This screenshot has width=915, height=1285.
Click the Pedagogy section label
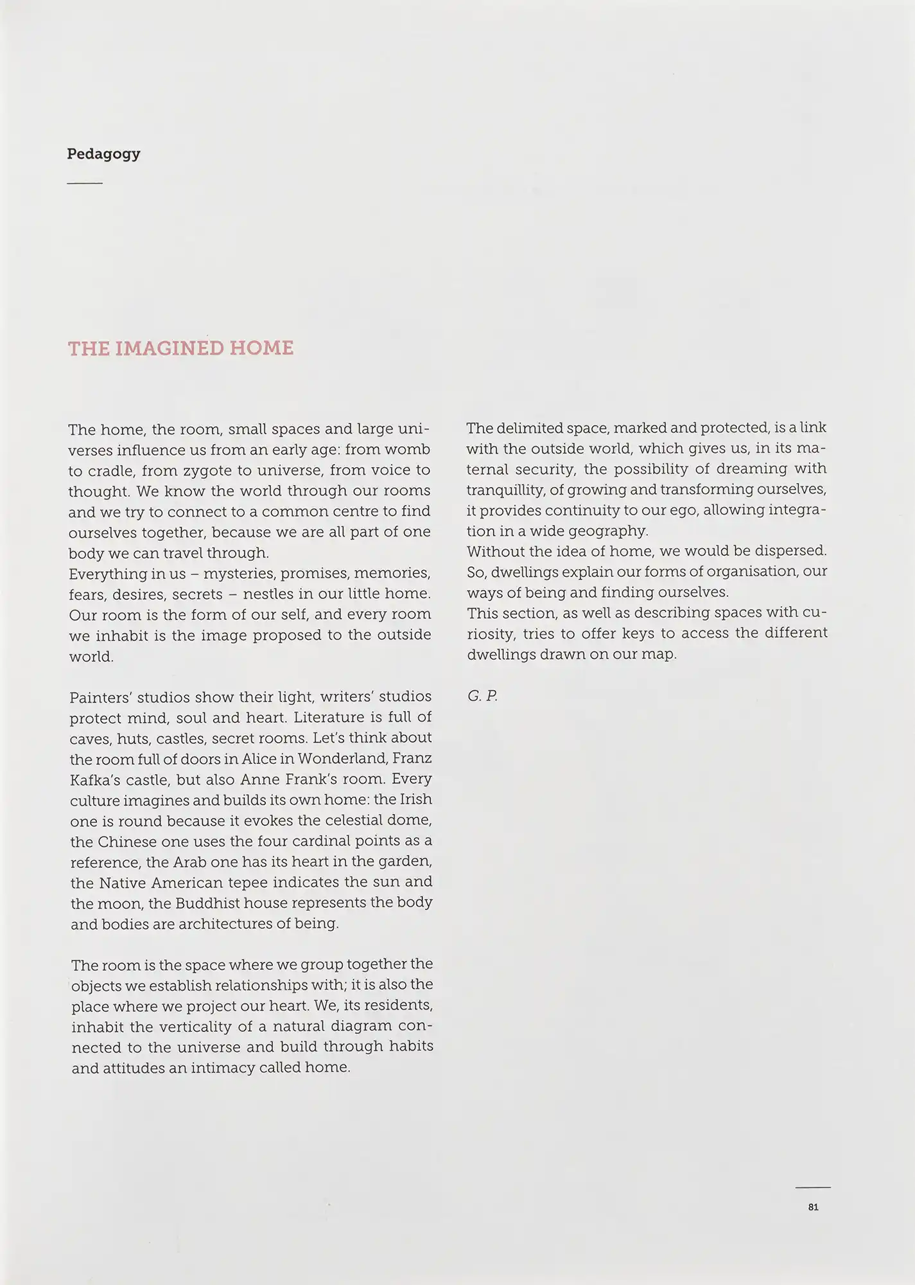(x=103, y=154)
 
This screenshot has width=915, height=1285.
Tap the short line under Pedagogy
(x=84, y=184)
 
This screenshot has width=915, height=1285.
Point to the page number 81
(x=813, y=1207)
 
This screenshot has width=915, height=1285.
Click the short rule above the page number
(x=812, y=1187)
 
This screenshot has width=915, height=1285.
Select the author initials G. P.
(x=482, y=696)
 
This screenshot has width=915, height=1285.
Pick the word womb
(x=407, y=449)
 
